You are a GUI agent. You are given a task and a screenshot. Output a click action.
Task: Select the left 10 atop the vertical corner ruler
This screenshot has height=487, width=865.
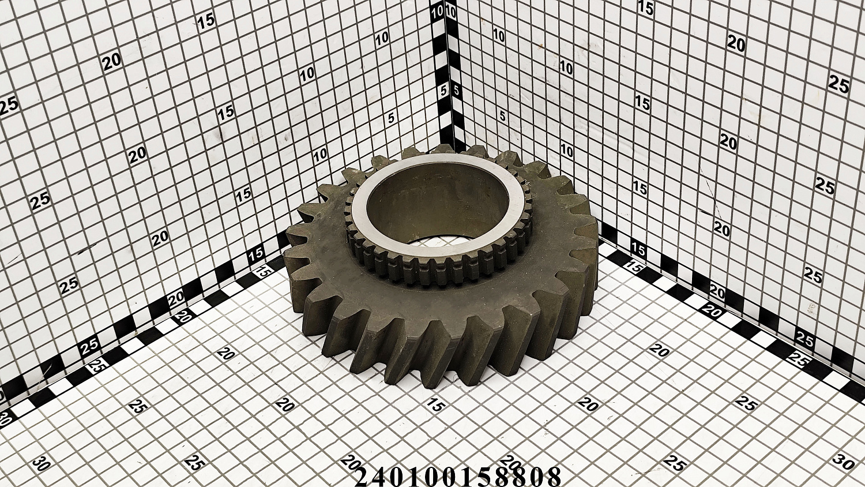point(438,13)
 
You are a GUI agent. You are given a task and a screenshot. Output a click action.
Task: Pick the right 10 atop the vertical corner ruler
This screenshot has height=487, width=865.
point(450,13)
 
